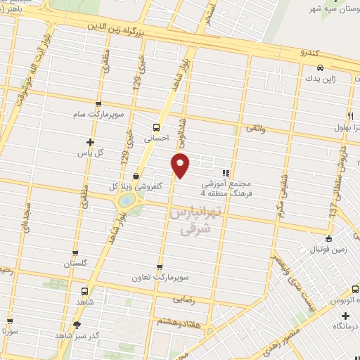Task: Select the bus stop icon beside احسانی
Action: pyautogui.click(x=156, y=128)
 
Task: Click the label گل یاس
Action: pyautogui.click(x=89, y=153)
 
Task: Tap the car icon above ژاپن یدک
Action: pyautogui.click(x=320, y=67)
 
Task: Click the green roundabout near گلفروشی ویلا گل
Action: pyautogui.click(x=127, y=201)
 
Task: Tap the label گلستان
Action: pyautogui.click(x=78, y=264)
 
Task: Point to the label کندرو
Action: pyautogui.click(x=309, y=53)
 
